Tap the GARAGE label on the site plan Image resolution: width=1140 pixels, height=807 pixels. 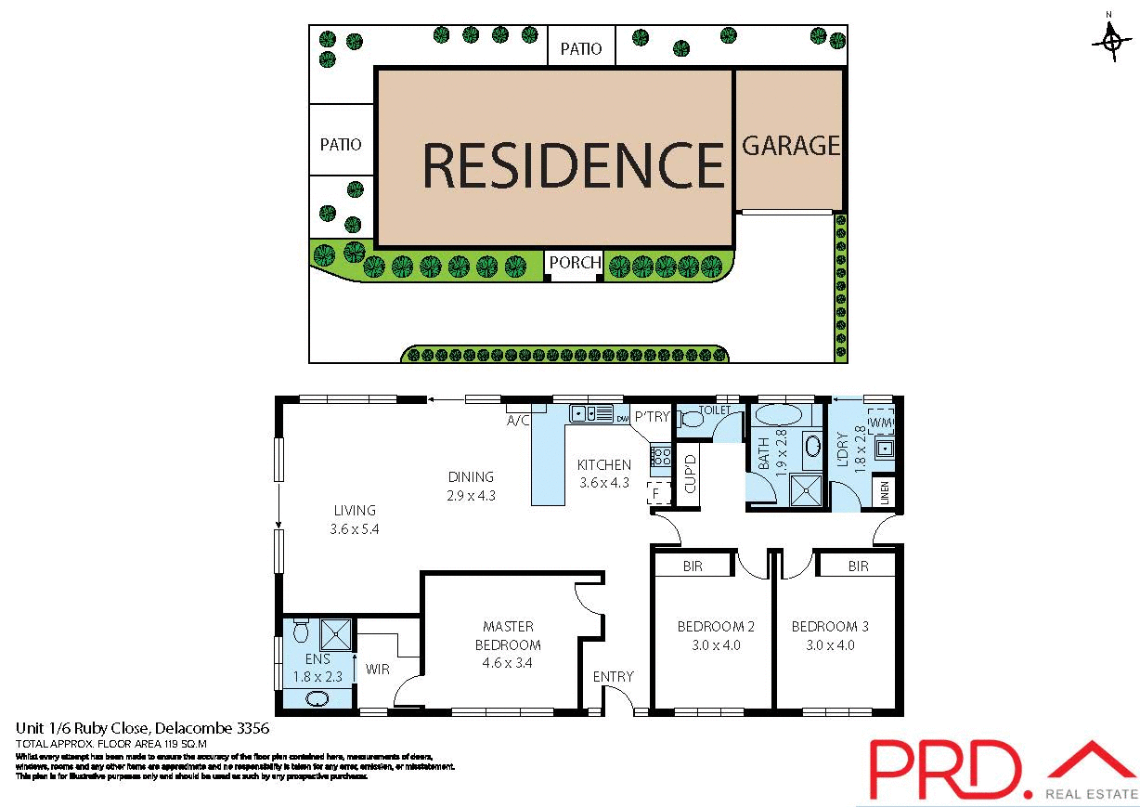coord(791,146)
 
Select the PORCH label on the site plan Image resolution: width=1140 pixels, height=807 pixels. coord(575,263)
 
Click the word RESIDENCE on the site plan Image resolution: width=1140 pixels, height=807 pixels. coord(573,165)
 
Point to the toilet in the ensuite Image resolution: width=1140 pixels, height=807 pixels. coord(299,632)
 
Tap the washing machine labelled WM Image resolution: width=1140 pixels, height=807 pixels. coord(881,423)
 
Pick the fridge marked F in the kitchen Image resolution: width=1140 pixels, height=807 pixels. coord(659,493)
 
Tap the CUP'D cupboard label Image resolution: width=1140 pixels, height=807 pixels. coord(690,475)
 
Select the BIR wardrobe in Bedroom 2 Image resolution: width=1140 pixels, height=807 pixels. coord(692,565)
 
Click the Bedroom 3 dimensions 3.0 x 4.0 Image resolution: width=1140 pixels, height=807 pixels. coord(830,645)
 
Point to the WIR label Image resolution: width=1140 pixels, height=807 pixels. coord(377,669)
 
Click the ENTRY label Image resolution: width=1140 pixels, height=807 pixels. coord(613,677)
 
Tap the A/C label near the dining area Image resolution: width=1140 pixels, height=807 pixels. coord(517,420)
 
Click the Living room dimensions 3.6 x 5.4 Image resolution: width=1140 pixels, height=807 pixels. coord(356,529)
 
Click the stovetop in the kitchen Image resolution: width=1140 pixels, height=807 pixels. coord(661,456)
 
